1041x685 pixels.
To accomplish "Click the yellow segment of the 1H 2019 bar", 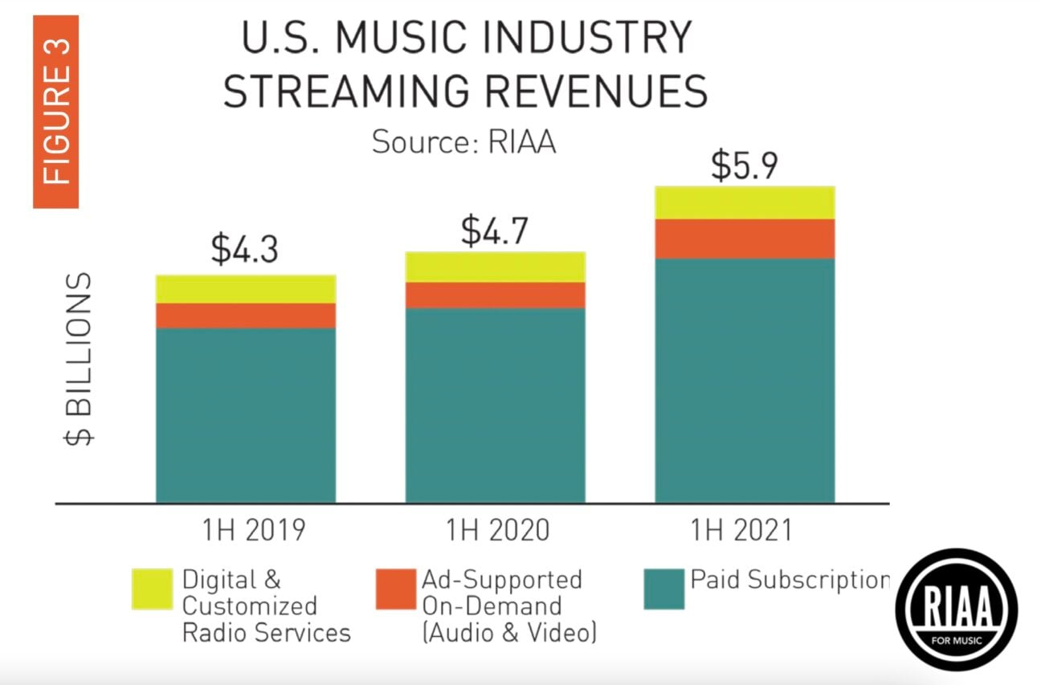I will [x=246, y=289].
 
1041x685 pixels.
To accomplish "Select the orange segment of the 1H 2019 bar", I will [x=246, y=316].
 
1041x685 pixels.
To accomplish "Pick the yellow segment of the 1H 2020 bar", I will [x=495, y=267].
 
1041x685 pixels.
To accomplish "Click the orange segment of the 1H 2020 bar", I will [x=495, y=296].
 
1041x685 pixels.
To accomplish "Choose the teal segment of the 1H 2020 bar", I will [x=495, y=406].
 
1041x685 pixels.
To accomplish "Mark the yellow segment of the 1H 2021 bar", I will [x=745, y=202].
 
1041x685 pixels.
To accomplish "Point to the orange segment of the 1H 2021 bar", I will [x=745, y=239].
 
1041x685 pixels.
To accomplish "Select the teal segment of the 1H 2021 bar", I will [x=745, y=381].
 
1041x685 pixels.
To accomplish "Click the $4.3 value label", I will [x=244, y=250].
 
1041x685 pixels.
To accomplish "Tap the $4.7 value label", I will [x=495, y=230].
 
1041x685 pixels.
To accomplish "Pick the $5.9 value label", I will [x=744, y=165].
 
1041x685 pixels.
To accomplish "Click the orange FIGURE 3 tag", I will [x=55, y=112].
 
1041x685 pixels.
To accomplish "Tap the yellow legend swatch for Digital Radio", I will [x=152, y=589].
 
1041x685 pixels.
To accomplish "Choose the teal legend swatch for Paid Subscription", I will [x=663, y=589].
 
